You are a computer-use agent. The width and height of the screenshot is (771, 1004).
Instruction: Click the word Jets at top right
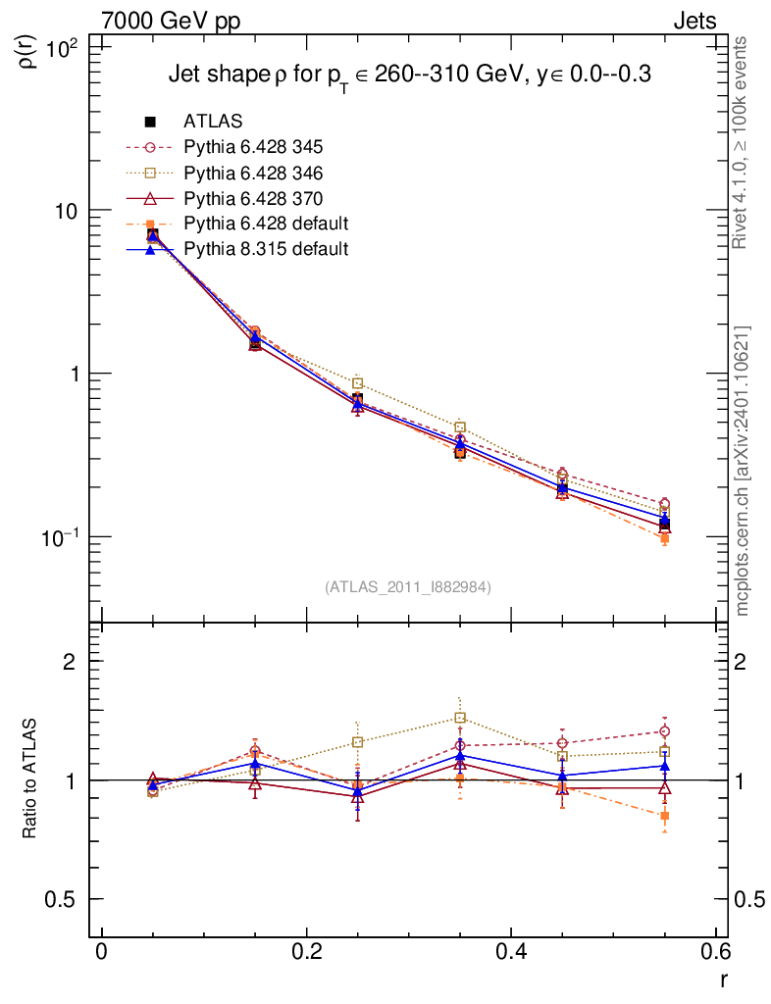[694, 21]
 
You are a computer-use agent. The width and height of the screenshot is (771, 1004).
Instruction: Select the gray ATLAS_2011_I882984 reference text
[408, 586]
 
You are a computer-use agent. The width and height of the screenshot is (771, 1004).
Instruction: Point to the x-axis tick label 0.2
[306, 955]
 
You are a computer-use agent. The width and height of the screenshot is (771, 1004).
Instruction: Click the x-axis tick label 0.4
[511, 955]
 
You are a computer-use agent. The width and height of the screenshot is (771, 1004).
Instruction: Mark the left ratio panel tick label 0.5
[67, 899]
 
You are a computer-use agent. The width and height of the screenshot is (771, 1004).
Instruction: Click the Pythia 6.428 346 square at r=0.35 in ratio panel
[460, 718]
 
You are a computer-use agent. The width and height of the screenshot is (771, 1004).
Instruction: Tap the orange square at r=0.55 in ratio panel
[664, 816]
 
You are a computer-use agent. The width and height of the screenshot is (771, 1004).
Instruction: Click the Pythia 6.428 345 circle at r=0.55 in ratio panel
[664, 731]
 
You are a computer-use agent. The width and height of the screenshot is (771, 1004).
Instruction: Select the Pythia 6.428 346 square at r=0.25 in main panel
[357, 383]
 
